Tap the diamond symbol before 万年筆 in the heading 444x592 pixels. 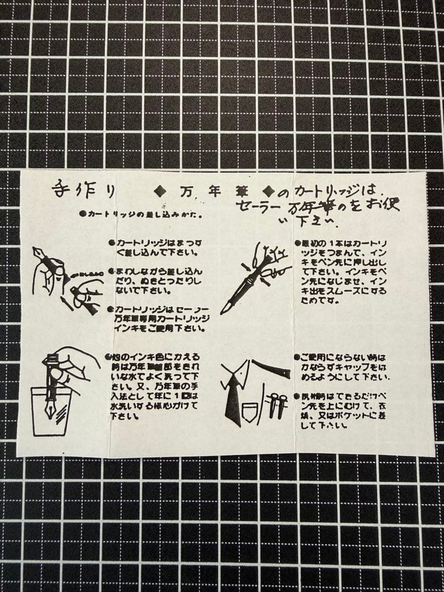(161, 191)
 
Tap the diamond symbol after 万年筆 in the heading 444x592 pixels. (269, 191)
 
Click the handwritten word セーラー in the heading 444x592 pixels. (260, 207)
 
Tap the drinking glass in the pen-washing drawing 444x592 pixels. (51, 411)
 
